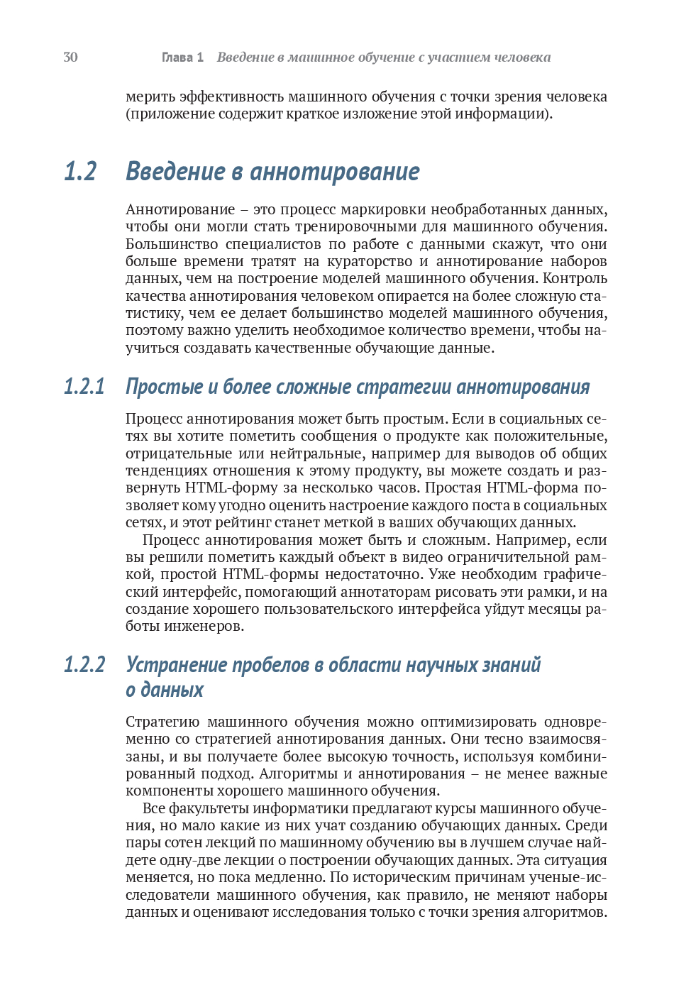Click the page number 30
pos(70,57)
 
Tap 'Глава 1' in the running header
pos(182,57)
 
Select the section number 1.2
pos(80,172)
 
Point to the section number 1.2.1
pos(84,387)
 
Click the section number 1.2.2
pos(84,665)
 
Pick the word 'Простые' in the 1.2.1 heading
pos(164,387)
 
